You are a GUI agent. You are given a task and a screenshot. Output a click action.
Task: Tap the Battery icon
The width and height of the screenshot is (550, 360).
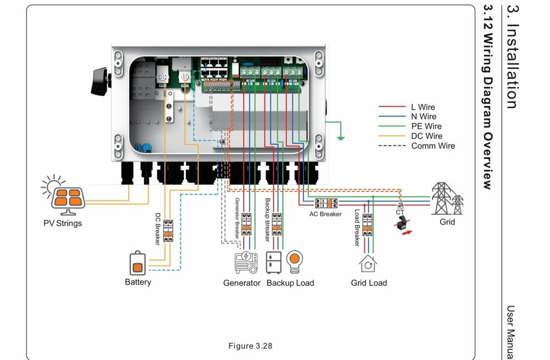tap(138, 264)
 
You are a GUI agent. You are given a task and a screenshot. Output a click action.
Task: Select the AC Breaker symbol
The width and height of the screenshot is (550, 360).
tap(326, 203)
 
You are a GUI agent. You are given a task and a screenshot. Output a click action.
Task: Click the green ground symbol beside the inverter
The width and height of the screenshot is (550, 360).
tap(340, 135)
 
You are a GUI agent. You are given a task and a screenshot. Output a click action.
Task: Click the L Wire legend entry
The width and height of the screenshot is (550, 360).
tap(423, 107)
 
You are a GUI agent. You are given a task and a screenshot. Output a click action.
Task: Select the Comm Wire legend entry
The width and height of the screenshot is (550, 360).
tap(433, 146)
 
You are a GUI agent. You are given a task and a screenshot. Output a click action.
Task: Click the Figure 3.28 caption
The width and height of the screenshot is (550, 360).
tap(250, 346)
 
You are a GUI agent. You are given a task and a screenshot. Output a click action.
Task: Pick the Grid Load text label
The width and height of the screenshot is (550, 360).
tap(369, 283)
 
